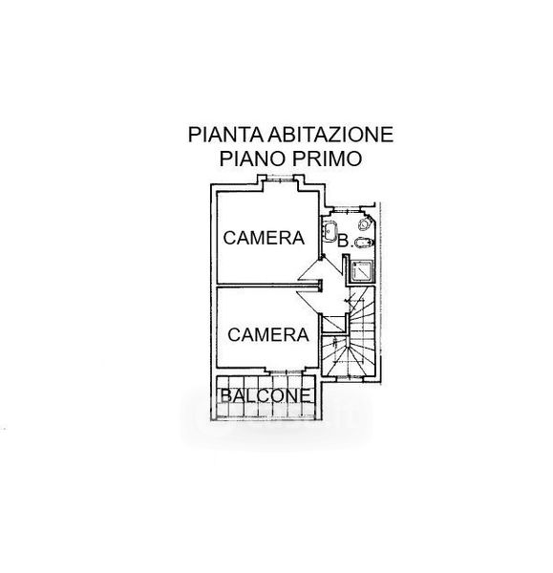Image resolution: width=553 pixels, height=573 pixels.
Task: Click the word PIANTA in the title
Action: tap(225, 134)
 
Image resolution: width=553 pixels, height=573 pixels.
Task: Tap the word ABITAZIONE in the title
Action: tap(330, 134)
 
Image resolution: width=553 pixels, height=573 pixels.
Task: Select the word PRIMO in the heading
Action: tap(328, 159)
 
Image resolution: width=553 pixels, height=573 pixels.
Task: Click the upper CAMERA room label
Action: tap(264, 238)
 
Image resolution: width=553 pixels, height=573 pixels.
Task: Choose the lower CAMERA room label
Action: tap(268, 335)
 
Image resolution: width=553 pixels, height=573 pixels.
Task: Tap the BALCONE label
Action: tap(266, 395)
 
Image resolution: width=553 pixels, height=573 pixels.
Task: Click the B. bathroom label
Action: tap(345, 242)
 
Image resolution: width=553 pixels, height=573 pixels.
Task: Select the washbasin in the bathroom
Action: tap(329, 231)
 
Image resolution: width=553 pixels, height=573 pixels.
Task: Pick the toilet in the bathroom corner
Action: tap(365, 223)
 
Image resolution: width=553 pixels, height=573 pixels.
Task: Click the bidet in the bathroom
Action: tap(365, 242)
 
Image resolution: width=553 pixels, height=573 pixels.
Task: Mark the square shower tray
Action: tap(361, 271)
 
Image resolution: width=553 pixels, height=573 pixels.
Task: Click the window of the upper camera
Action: tap(280, 179)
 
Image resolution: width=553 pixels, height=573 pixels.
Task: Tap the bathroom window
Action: tap(347, 209)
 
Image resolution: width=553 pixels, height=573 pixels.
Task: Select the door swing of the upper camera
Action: tap(310, 269)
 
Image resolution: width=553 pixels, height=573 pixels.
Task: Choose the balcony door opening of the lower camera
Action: tap(286, 371)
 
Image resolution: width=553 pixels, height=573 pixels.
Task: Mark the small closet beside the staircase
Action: tap(333, 323)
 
